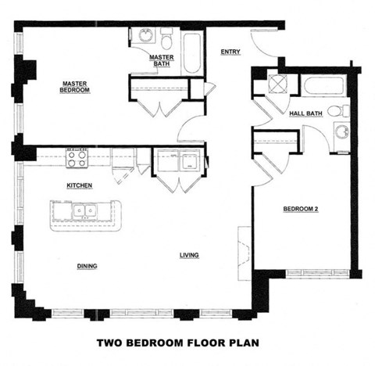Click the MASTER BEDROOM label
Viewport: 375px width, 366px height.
coord(75,86)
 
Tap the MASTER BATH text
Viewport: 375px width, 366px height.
coord(161,60)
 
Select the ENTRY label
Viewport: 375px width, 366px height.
coord(230,52)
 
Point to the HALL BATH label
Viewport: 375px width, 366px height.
coord(305,114)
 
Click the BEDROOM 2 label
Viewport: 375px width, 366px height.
coord(301,209)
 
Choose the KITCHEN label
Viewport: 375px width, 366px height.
coord(80,185)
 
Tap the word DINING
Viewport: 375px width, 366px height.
coord(87,266)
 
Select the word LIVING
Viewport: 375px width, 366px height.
coord(188,256)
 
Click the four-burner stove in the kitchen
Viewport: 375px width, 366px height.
coord(77,159)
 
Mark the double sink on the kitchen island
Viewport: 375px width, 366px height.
coord(85,210)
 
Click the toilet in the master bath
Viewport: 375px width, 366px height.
coord(166,37)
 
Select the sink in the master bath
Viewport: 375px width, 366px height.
coord(145,35)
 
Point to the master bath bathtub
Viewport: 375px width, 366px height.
coord(191,52)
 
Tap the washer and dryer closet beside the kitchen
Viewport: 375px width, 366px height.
coord(178,164)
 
